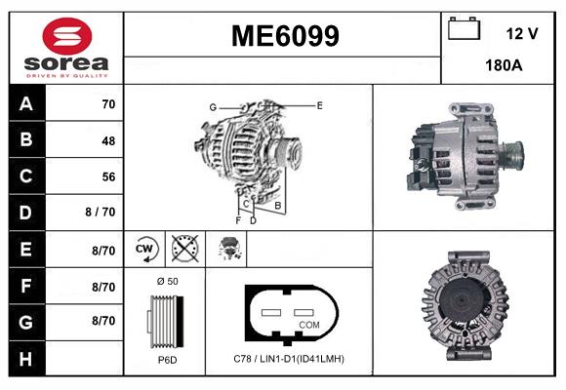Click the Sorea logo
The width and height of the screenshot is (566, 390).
(66, 48)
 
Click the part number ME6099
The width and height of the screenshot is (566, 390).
(285, 37)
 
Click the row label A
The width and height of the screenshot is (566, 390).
(25, 104)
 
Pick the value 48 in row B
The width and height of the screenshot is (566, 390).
(107, 140)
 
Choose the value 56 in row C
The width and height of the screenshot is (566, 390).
(107, 176)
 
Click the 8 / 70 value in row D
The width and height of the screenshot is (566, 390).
(101, 213)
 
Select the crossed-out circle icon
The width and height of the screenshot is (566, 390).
(182, 249)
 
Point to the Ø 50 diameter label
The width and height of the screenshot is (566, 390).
(166, 281)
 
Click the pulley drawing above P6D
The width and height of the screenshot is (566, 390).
(165, 321)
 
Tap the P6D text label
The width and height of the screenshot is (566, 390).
(166, 359)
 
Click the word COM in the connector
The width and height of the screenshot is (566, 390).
(309, 324)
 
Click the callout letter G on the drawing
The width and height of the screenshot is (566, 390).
(212, 106)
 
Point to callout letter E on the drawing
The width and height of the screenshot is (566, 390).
(319, 104)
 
